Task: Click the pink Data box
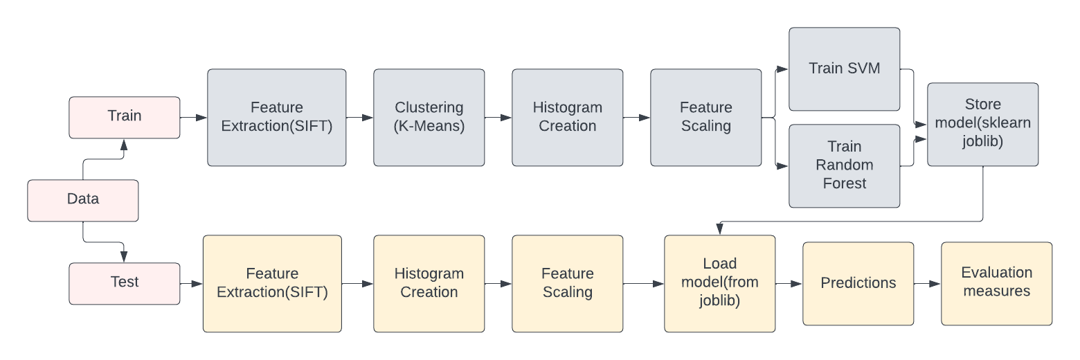coord(83,200)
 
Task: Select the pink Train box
coord(125,117)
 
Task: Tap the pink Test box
coord(125,283)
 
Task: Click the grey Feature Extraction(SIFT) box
coord(276,117)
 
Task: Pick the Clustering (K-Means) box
coord(429,117)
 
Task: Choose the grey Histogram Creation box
coord(567,117)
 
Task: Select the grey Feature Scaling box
coord(705,117)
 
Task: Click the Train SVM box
coord(844,69)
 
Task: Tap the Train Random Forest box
coord(844,165)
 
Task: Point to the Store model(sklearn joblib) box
coord(982,124)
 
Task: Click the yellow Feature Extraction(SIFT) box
coord(272,283)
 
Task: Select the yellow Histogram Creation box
coord(429,283)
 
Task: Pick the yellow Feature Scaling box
coord(567,283)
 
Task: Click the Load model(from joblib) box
coord(719,283)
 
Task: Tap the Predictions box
coord(858,283)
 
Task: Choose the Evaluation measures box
coord(996,283)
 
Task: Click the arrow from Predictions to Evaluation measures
coord(927,284)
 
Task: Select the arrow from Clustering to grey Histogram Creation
coord(498,118)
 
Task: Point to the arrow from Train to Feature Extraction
coord(193,118)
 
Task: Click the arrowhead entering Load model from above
coord(720,231)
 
